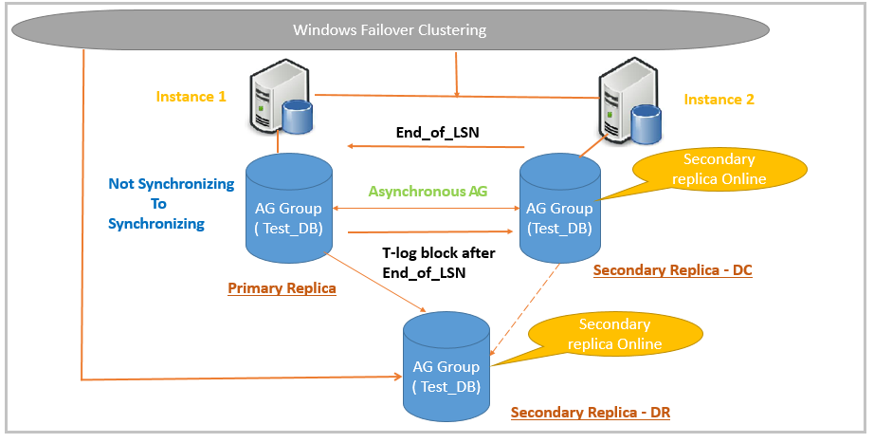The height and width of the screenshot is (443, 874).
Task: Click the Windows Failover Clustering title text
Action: [390, 29]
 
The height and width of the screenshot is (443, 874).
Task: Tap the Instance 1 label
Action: [191, 97]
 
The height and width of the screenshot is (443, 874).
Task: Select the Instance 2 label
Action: [719, 99]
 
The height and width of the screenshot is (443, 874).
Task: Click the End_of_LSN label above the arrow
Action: [437, 132]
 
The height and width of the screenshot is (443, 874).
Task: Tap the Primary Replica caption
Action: [282, 287]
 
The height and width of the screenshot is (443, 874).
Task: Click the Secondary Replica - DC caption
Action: [672, 270]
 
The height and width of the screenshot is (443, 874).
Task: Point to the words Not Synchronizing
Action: [171, 184]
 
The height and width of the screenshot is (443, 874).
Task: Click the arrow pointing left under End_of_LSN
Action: [436, 146]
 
